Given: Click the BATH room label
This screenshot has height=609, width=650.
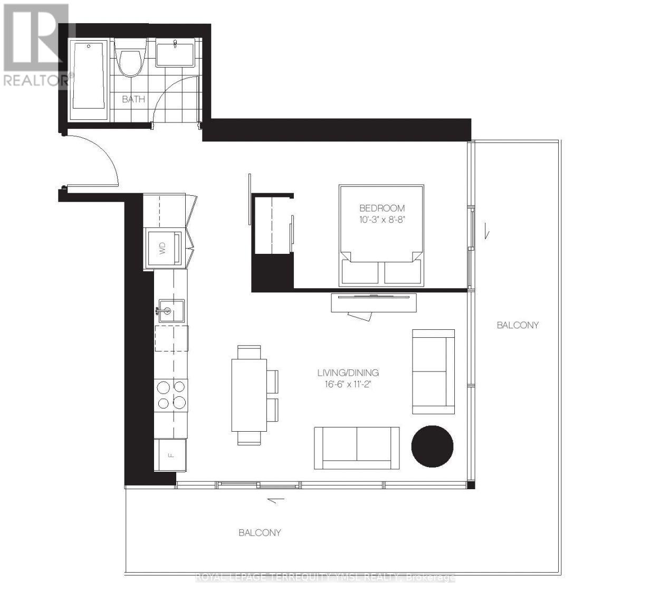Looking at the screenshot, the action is click(x=133, y=99).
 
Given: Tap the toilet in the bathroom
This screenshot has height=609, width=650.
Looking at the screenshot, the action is click(x=131, y=58).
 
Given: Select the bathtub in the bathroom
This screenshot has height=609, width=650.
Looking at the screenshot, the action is click(x=89, y=80).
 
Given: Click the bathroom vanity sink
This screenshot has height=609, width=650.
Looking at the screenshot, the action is click(x=175, y=53).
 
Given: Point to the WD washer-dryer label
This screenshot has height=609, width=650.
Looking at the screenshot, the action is click(x=162, y=248).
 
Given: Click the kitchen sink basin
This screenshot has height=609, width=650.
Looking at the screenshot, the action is click(x=171, y=310).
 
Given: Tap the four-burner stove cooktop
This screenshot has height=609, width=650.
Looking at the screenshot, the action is click(x=171, y=395).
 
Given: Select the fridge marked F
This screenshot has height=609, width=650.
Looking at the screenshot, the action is click(x=170, y=455).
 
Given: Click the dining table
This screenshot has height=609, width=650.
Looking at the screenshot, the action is click(x=249, y=395).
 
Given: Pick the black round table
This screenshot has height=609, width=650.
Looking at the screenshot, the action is click(x=432, y=446).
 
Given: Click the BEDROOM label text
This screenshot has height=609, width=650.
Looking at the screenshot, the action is click(x=382, y=208).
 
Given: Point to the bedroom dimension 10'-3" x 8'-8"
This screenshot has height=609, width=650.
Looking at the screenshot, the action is click(x=382, y=220).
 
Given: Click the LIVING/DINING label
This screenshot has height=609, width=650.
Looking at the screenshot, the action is click(x=348, y=373).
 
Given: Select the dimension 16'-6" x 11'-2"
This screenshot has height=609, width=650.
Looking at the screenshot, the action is click(x=348, y=384).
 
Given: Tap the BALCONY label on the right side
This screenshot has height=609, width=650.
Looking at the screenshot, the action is click(x=518, y=325).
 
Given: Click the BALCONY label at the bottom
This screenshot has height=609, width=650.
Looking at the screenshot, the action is click(x=260, y=532).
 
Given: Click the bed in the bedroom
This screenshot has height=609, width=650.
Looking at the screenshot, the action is click(x=381, y=235).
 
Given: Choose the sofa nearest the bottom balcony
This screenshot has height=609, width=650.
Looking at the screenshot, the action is click(x=357, y=448).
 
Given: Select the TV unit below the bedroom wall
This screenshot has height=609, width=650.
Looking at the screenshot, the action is click(x=374, y=303).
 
